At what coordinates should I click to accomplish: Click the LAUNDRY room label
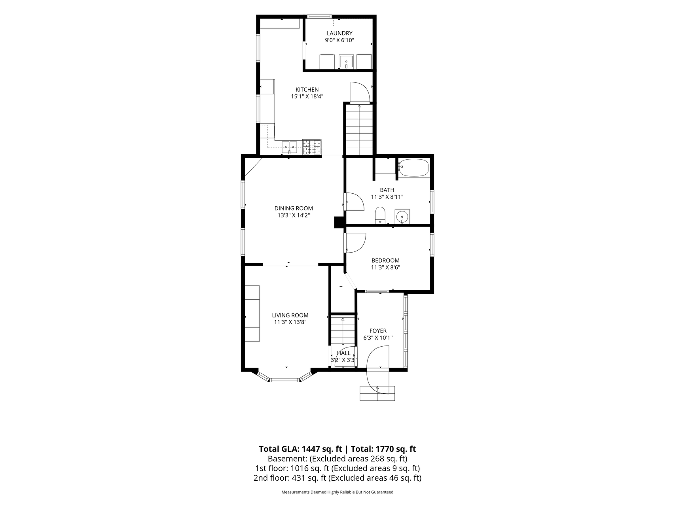339,34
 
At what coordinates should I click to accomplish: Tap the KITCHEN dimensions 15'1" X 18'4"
307,96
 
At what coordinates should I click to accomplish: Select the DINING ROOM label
294,208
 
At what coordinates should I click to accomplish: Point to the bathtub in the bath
413,168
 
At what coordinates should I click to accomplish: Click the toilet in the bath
380,215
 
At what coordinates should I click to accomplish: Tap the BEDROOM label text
385,261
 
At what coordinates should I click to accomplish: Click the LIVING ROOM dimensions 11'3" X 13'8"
290,322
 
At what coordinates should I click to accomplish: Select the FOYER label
378,331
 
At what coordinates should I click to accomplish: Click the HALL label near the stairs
343,353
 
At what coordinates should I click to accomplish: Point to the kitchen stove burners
312,147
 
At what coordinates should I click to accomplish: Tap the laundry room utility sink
347,62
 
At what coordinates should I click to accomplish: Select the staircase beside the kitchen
359,130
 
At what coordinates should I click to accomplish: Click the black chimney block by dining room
339,223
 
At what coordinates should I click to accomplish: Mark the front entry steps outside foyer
377,393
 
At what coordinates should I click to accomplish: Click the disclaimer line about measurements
337,492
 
